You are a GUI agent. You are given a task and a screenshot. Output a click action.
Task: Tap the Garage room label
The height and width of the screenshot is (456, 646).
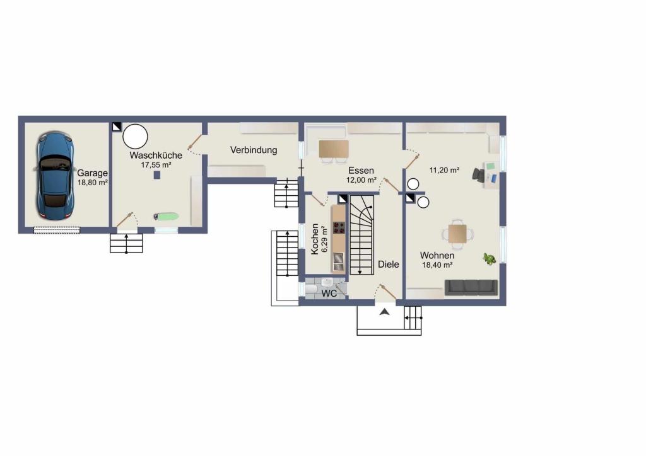[x=92, y=173]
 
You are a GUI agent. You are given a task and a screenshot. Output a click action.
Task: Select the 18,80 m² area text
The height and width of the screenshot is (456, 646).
[x=93, y=183]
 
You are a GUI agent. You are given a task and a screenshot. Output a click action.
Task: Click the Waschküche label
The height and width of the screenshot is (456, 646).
[x=156, y=155]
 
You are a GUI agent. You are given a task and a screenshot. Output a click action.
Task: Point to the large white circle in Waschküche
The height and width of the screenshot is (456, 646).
[x=135, y=136]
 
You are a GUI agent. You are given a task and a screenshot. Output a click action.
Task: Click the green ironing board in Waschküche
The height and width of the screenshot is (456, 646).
[x=166, y=216]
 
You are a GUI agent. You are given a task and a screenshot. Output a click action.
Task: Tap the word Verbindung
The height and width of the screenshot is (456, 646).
[x=254, y=150]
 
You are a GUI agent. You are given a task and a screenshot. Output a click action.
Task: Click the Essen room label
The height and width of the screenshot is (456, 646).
[x=361, y=170]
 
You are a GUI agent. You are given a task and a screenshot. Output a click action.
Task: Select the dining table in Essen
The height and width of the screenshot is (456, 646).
[x=334, y=149]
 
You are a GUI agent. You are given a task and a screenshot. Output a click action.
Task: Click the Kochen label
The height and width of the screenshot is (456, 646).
[x=315, y=239]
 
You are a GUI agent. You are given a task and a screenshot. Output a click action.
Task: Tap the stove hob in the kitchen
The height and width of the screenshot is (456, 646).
[x=339, y=227]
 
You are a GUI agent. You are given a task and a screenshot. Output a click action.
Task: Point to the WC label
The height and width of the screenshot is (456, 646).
[x=329, y=293]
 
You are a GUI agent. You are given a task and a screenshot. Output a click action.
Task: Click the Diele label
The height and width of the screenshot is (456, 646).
[x=389, y=265]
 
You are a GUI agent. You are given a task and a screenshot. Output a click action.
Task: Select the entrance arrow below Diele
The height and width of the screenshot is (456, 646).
[x=384, y=312]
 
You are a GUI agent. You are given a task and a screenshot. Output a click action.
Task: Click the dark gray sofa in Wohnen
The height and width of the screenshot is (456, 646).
[x=471, y=287]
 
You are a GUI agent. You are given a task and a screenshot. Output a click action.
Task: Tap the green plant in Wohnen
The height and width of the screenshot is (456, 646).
[x=489, y=259]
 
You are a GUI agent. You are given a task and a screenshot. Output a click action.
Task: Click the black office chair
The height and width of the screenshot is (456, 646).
[x=479, y=174]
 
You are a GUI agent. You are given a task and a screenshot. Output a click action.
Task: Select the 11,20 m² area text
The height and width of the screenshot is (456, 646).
[x=445, y=170]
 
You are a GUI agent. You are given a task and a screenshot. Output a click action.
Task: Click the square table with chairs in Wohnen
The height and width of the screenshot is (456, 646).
[x=458, y=234]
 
